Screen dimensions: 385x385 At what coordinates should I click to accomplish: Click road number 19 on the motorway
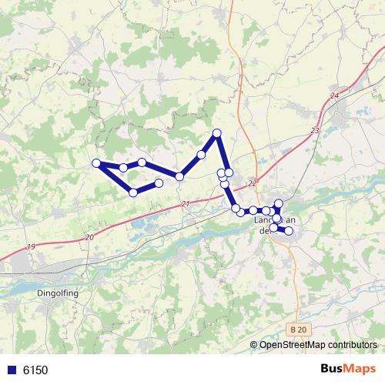pyautogui.click(x=30, y=246)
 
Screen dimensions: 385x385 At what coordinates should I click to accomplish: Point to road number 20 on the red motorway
pyautogui.click(x=90, y=237)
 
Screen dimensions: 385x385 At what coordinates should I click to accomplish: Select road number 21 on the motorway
pyautogui.click(x=185, y=203)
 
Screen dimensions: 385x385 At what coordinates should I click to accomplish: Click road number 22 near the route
pyautogui.click(x=253, y=183)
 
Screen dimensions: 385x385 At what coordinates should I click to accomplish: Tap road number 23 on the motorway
pyautogui.click(x=315, y=131)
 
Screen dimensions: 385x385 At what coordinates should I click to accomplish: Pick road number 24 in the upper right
pyautogui.click(x=333, y=95)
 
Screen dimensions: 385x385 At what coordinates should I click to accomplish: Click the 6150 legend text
pyautogui.click(x=35, y=370)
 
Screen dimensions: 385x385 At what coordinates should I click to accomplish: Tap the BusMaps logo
pyautogui.click(x=348, y=370)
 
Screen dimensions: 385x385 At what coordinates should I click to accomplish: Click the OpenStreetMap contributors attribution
pyautogui.click(x=317, y=346)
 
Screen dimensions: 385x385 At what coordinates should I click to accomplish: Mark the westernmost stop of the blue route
pyautogui.click(x=97, y=162)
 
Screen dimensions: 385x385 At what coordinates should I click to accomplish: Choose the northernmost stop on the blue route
pyautogui.click(x=217, y=133)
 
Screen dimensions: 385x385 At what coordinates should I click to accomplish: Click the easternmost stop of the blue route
pyautogui.click(x=290, y=231)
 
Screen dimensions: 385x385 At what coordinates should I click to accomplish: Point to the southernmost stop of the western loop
pyautogui.click(x=133, y=192)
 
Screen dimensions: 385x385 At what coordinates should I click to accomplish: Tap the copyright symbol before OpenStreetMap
pyautogui.click(x=253, y=346)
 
